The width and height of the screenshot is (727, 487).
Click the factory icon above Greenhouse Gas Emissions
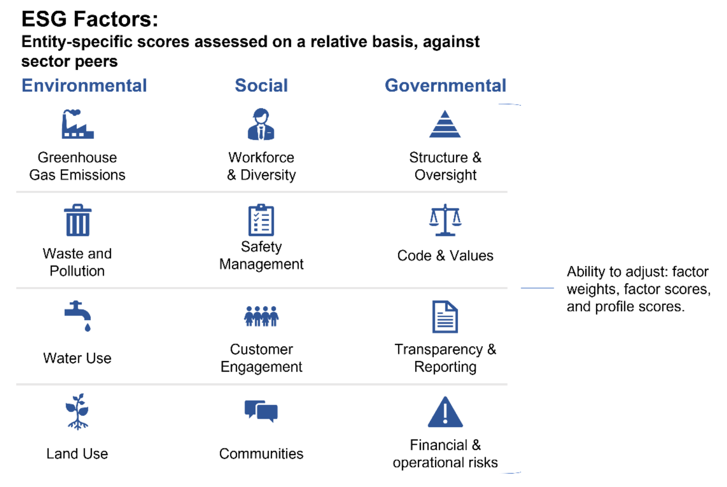pyautogui.click(x=78, y=125)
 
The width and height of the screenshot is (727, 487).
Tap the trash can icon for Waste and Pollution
pyautogui.click(x=78, y=220)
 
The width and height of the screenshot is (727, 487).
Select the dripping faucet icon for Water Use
pyautogui.click(x=78, y=316)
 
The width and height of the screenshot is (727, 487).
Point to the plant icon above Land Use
pyautogui.click(x=77, y=412)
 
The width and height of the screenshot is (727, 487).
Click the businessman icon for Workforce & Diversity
pyautogui.click(x=261, y=124)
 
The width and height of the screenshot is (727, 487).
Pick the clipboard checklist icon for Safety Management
pyautogui.click(x=261, y=220)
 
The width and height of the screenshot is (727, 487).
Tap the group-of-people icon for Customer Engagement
pyautogui.click(x=261, y=316)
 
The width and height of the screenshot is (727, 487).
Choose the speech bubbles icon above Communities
pyautogui.click(x=261, y=412)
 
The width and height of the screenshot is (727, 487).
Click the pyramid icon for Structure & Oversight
pyautogui.click(x=445, y=124)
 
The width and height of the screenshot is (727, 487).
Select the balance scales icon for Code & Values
pyautogui.click(x=445, y=220)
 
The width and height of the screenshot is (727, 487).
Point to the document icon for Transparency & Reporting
pyautogui.click(x=445, y=317)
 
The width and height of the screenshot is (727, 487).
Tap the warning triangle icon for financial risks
pyautogui.click(x=445, y=412)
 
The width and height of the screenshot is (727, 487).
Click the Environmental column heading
pyautogui.click(x=84, y=85)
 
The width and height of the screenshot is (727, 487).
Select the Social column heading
pyautogui.click(x=261, y=85)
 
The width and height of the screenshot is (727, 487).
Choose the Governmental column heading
pyautogui.click(x=445, y=85)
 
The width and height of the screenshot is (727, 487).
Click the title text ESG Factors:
pyautogui.click(x=90, y=19)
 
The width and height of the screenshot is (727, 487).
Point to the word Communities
pyautogui.click(x=261, y=453)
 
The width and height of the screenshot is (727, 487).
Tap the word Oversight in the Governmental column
pyautogui.click(x=445, y=175)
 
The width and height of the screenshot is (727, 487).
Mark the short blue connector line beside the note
pyautogui.click(x=538, y=288)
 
